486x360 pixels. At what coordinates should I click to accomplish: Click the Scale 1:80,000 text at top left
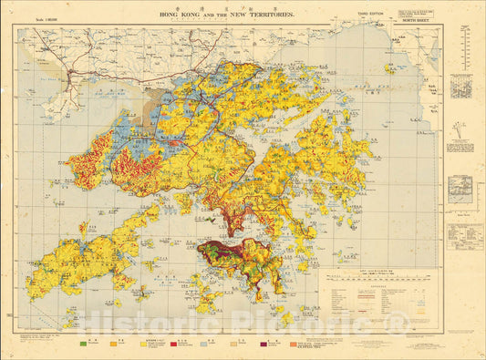click(x=40, y=19)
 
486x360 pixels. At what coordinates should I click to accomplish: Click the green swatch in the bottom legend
click(x=85, y=344)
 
